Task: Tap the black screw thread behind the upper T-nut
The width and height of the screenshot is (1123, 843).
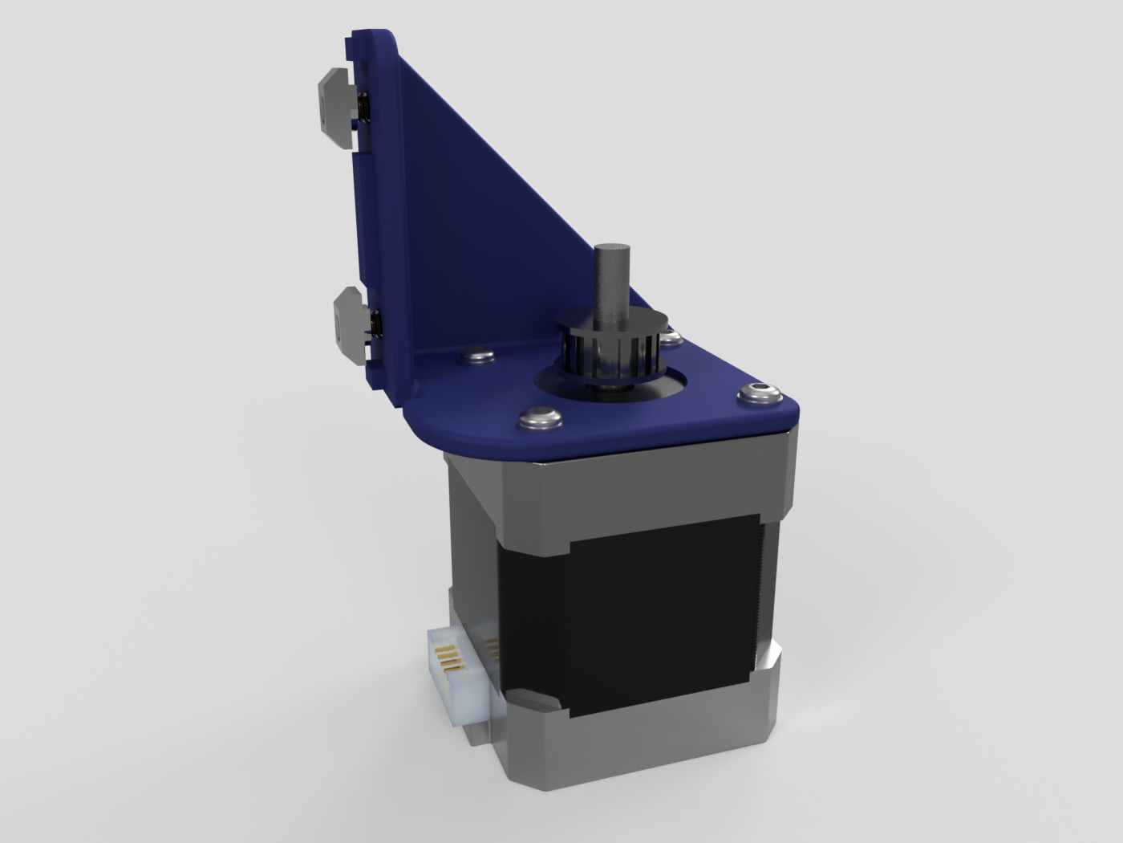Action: point(363,108)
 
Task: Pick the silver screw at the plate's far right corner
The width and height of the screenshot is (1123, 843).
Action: point(760,393)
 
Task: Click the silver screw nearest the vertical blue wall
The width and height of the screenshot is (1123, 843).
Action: point(479,354)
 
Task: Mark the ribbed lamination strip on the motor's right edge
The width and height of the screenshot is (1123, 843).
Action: point(768,594)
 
